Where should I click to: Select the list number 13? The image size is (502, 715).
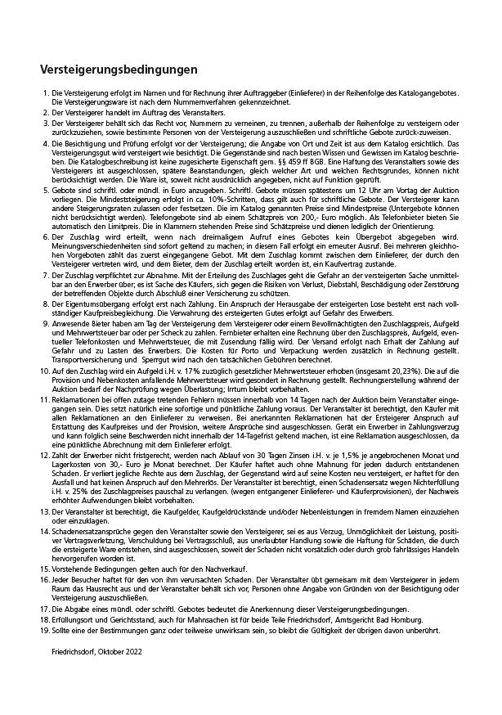[44, 533]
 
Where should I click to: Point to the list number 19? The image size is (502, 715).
[44, 630]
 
